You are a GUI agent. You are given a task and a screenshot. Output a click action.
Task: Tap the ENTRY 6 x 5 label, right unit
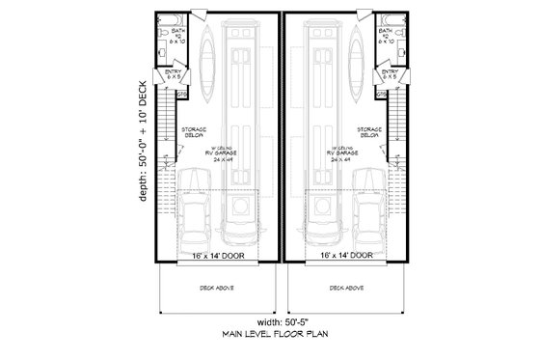390,74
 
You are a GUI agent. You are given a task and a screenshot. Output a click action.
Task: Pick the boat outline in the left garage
207,63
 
